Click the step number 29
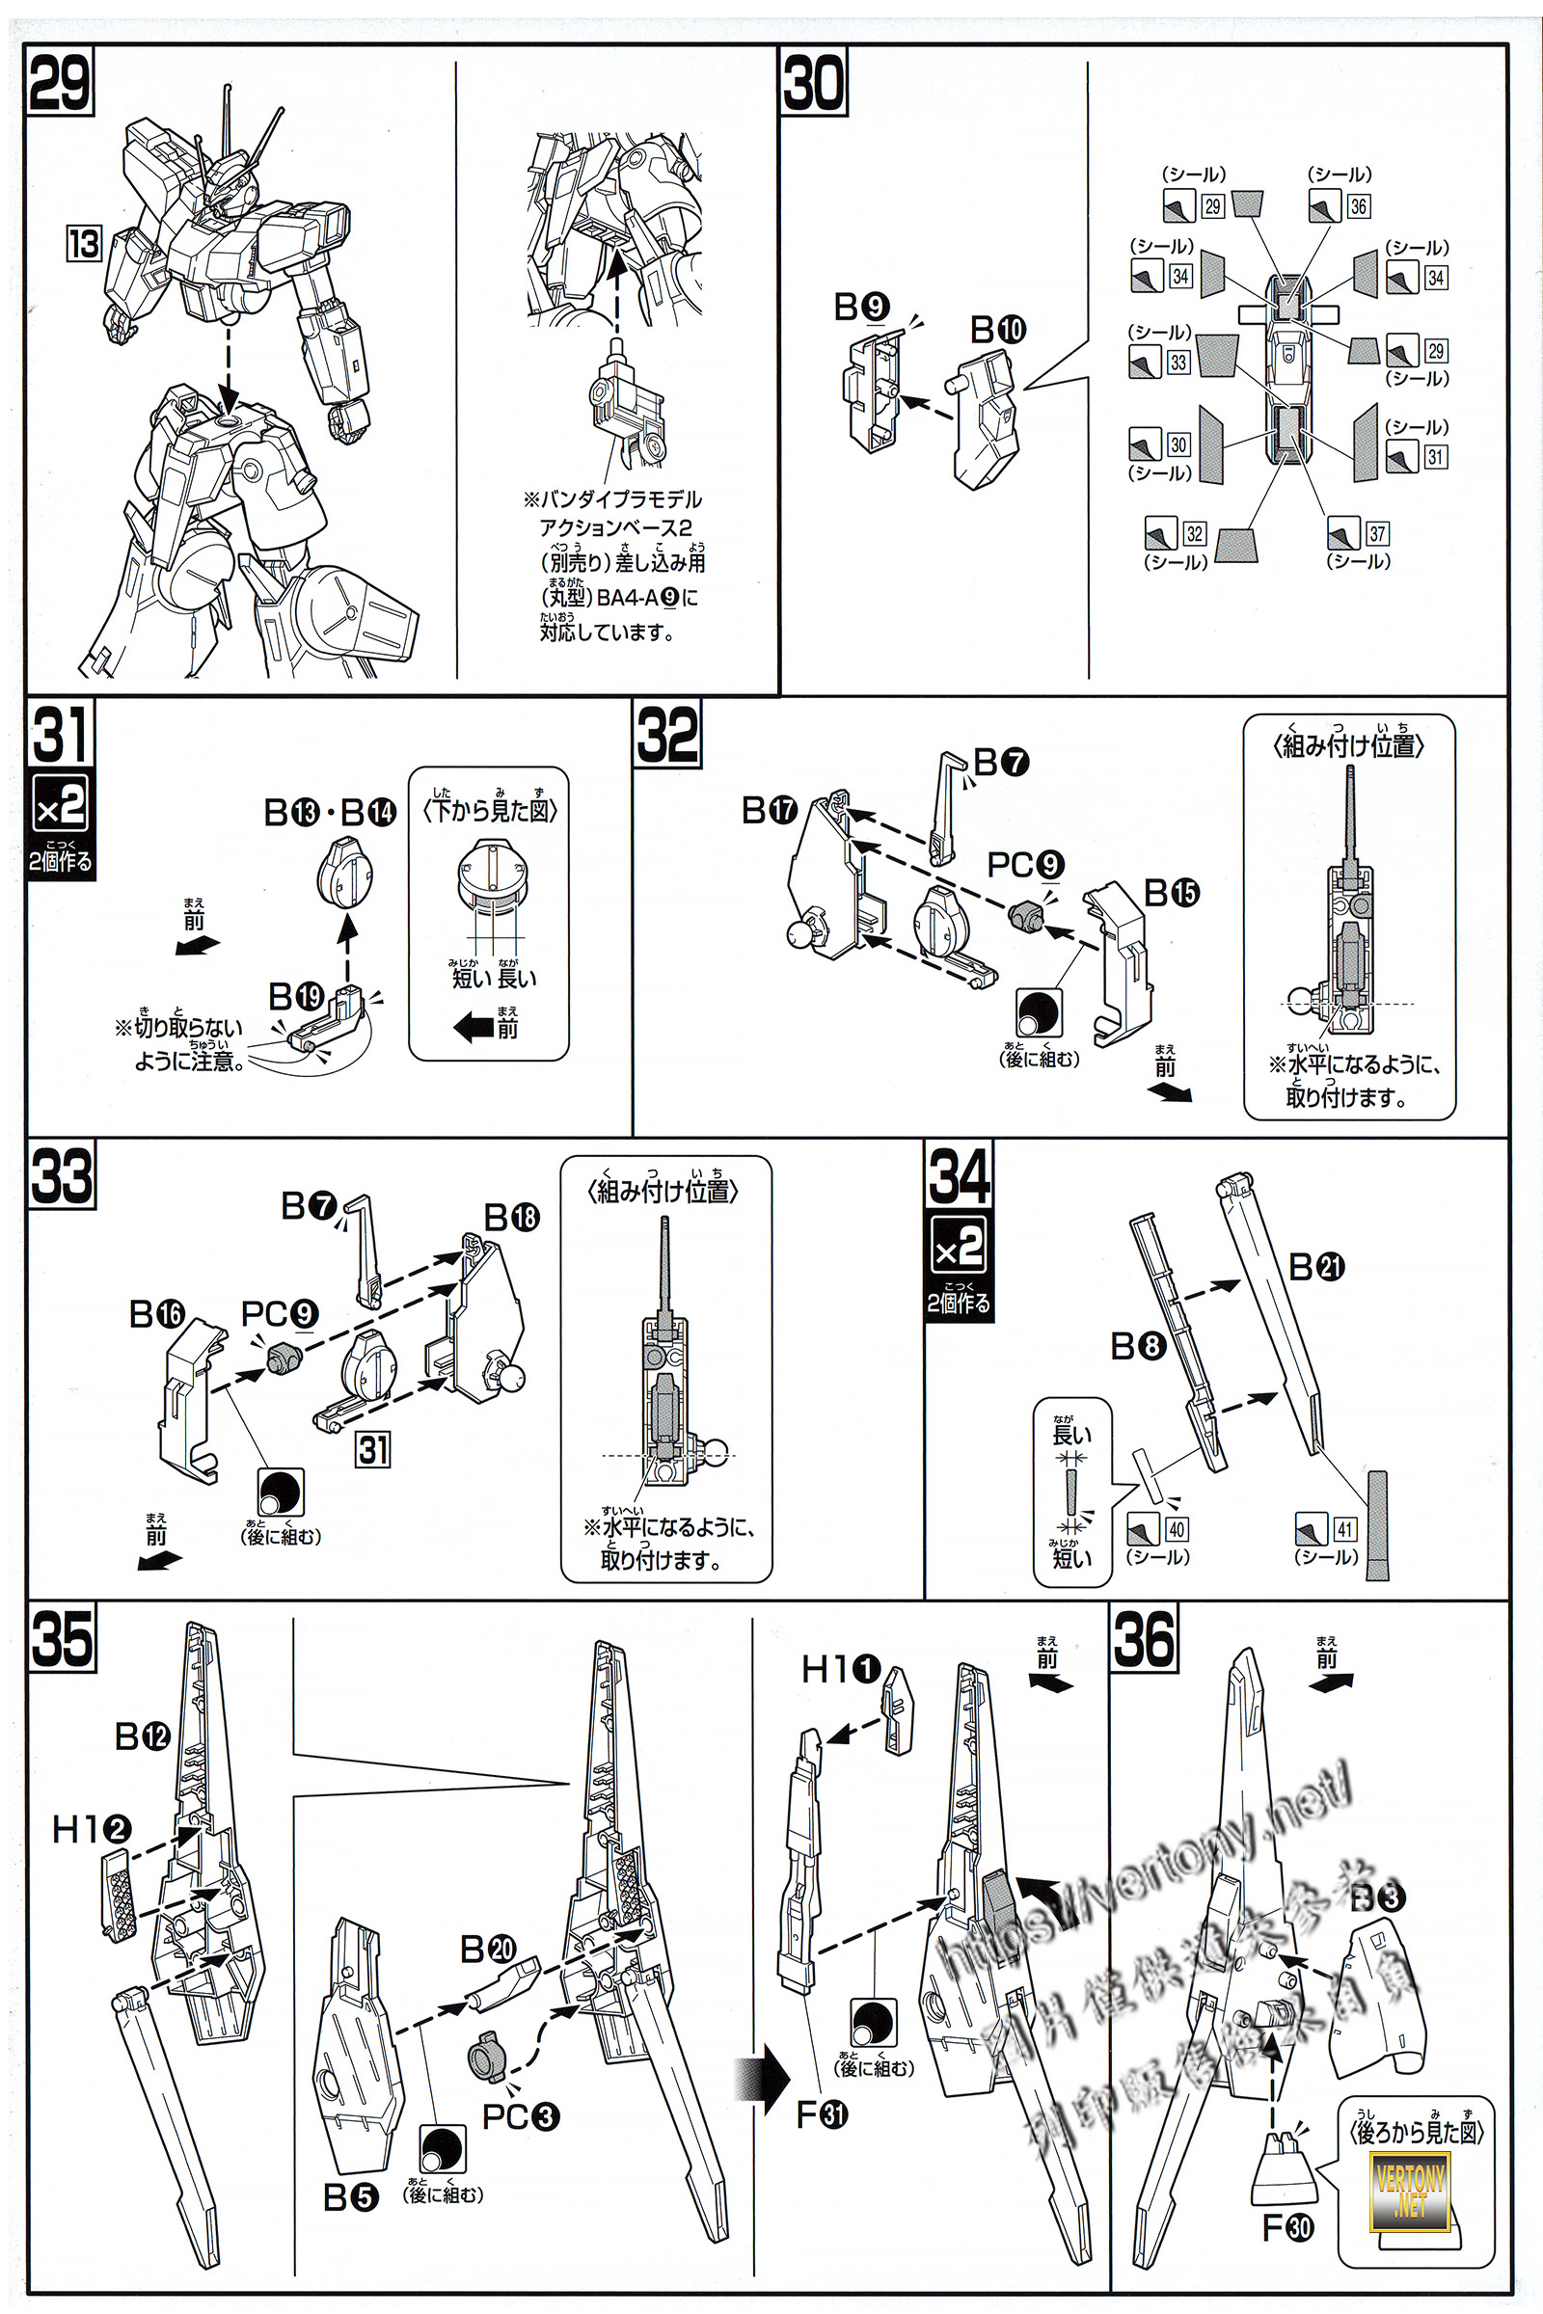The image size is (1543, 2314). (x=59, y=84)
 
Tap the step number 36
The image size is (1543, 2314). (x=1145, y=1638)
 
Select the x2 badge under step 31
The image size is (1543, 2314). (x=60, y=806)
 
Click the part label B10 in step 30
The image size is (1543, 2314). (x=998, y=330)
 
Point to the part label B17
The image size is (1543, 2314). (x=769, y=811)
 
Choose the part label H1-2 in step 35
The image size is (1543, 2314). (x=91, y=1830)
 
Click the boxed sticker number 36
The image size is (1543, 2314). (x=1358, y=206)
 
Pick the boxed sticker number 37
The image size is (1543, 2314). (x=1377, y=534)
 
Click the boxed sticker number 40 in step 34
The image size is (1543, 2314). (x=1177, y=1529)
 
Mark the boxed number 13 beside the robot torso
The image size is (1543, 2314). (x=84, y=243)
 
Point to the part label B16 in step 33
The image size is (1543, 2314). (x=156, y=1314)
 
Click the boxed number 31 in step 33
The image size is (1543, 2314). (x=373, y=1449)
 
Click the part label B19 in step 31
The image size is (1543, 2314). (x=296, y=997)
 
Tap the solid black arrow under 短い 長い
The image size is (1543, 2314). (x=474, y=1028)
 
